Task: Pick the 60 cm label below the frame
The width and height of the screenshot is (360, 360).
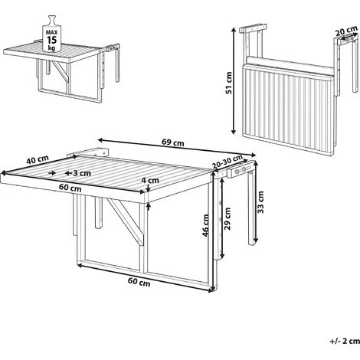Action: point(139,282)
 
